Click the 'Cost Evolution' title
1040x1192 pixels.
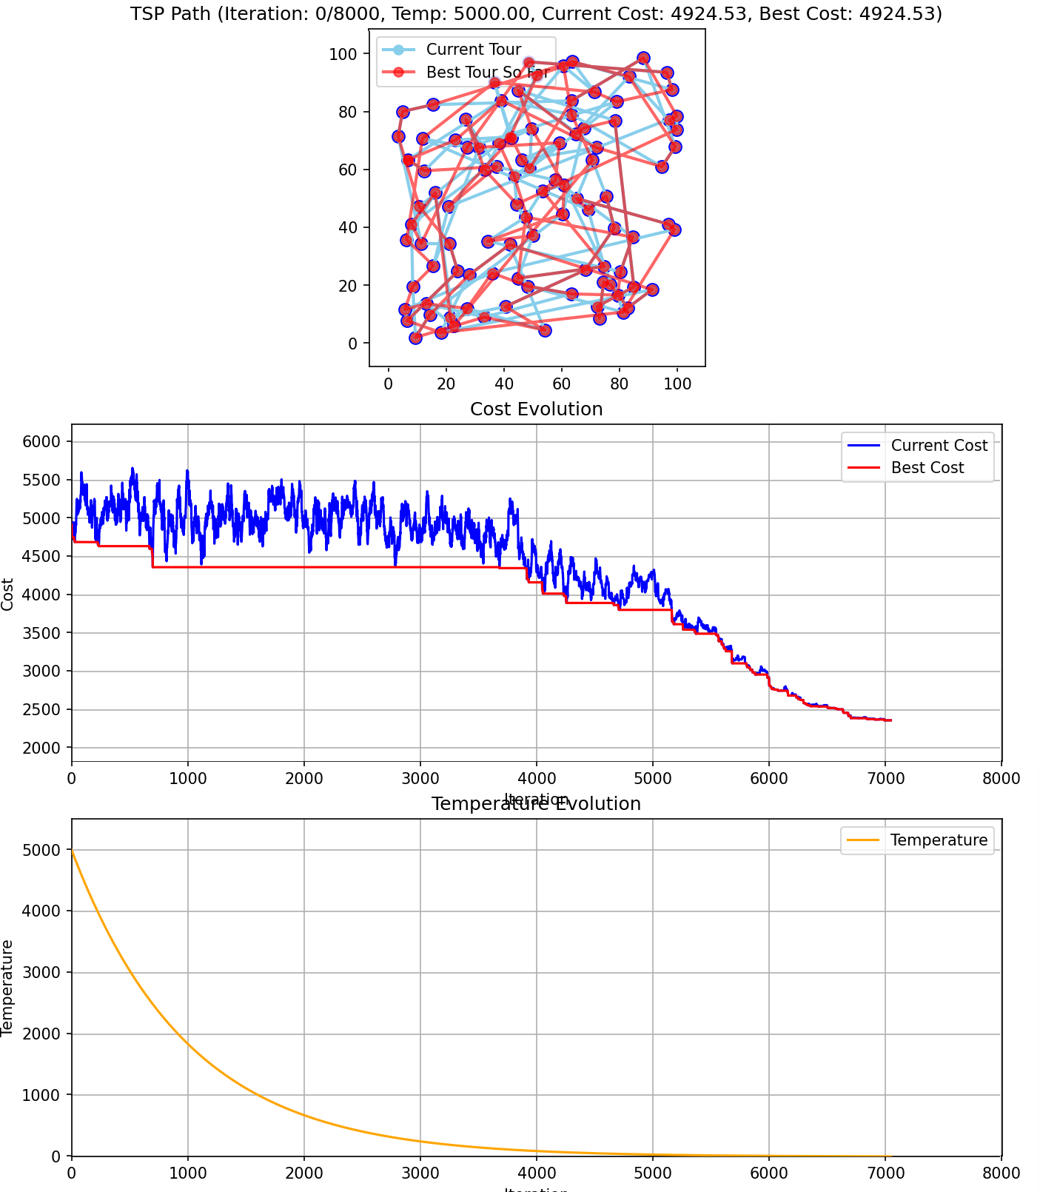tap(536, 409)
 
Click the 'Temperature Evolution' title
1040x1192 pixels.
tap(536, 804)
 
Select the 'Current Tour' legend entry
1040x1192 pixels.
tap(474, 50)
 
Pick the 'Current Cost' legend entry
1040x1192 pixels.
tap(939, 446)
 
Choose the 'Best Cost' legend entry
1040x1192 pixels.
tap(927, 468)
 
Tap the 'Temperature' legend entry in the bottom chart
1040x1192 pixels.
tap(939, 840)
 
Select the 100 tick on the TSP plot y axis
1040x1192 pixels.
tap(344, 54)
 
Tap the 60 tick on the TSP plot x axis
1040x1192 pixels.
tap(562, 384)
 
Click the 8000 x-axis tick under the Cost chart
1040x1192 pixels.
tap(1001, 778)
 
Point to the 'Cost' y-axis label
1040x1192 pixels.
tap(8, 594)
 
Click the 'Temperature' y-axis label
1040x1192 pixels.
tap(8, 988)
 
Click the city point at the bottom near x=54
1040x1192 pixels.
tap(545, 330)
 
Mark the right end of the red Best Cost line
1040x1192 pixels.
tap(890, 720)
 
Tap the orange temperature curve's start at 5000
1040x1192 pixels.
tap(72, 850)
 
